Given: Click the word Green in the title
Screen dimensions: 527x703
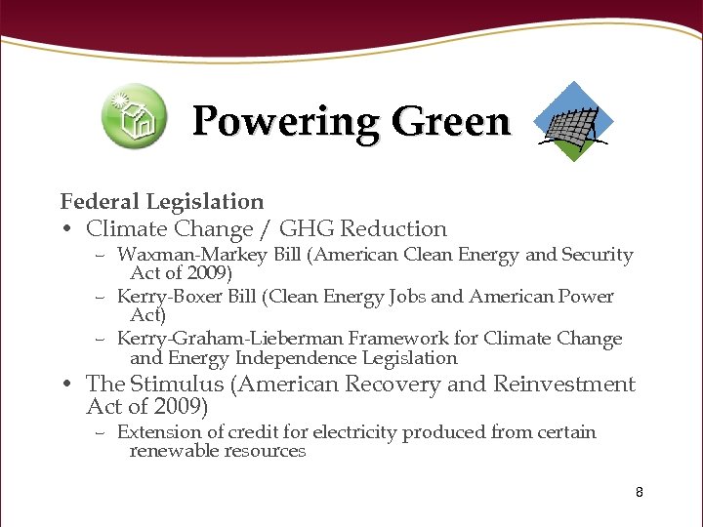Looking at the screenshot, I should click(x=451, y=123).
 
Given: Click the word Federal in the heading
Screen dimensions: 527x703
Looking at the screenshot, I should click(x=100, y=202).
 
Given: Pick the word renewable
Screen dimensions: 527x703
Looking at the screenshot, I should click(x=172, y=451).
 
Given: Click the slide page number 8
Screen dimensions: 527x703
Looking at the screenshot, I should click(x=640, y=492).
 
